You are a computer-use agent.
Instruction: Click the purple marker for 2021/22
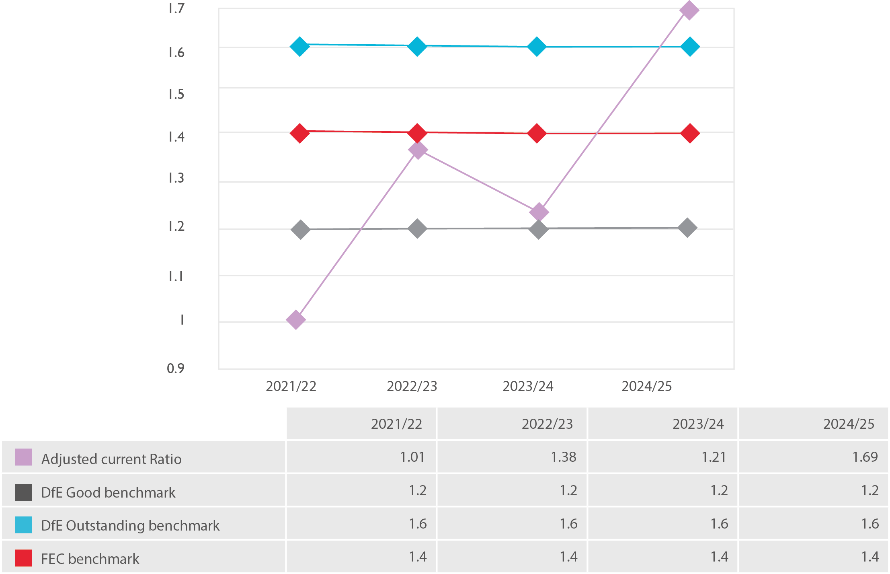pyautogui.click(x=296, y=320)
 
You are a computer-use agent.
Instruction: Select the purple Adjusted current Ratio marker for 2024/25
pyautogui.click(x=689, y=10)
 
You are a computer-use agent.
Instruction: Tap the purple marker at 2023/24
pyautogui.click(x=539, y=212)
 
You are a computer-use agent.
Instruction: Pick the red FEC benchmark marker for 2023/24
pyautogui.click(x=537, y=133)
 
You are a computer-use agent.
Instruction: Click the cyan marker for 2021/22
pyautogui.click(x=300, y=47)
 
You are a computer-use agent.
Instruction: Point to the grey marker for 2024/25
pyautogui.click(x=687, y=228)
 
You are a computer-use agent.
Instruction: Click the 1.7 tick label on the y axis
pyautogui.click(x=176, y=9)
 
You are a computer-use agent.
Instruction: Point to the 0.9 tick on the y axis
pyautogui.click(x=176, y=368)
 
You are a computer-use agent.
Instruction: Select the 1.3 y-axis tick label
pyautogui.click(x=176, y=178)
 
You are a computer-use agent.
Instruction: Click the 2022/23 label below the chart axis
pyautogui.click(x=412, y=386)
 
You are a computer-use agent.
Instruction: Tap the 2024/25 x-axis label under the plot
pyautogui.click(x=646, y=386)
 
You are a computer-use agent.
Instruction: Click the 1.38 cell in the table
pyautogui.click(x=563, y=457)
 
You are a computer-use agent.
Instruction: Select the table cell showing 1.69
pyautogui.click(x=865, y=457)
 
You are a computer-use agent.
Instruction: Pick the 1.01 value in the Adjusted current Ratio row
pyautogui.click(x=412, y=457)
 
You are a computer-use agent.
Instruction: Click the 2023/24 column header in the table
pyautogui.click(x=698, y=424)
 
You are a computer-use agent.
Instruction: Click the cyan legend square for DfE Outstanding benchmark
pyautogui.click(x=24, y=525)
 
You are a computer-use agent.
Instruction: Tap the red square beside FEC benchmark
pyautogui.click(x=24, y=558)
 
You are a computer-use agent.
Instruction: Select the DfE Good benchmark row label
pyautogui.click(x=108, y=492)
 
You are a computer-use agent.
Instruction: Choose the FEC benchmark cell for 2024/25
pyautogui.click(x=869, y=557)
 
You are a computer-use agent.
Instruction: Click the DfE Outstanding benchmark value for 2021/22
pyautogui.click(x=417, y=524)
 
